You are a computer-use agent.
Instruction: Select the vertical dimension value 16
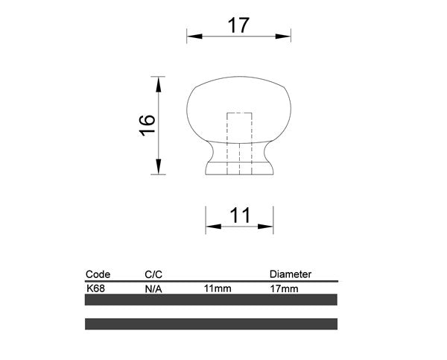click(147, 124)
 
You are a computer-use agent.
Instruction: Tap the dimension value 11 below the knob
click(239, 216)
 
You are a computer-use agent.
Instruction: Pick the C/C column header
click(153, 274)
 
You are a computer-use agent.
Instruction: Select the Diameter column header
click(290, 274)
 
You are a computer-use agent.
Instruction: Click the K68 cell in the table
click(95, 287)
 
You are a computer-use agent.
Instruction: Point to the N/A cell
click(153, 287)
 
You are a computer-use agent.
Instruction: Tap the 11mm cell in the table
click(217, 287)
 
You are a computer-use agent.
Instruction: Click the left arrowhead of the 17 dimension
click(191, 36)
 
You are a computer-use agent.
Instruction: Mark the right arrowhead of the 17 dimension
click(286, 36)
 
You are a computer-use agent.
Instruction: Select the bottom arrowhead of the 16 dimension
click(158, 169)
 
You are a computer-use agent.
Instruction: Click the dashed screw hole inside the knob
click(238, 142)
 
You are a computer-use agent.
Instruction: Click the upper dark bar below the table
click(212, 300)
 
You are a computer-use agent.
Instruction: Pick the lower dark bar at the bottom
click(212, 324)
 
